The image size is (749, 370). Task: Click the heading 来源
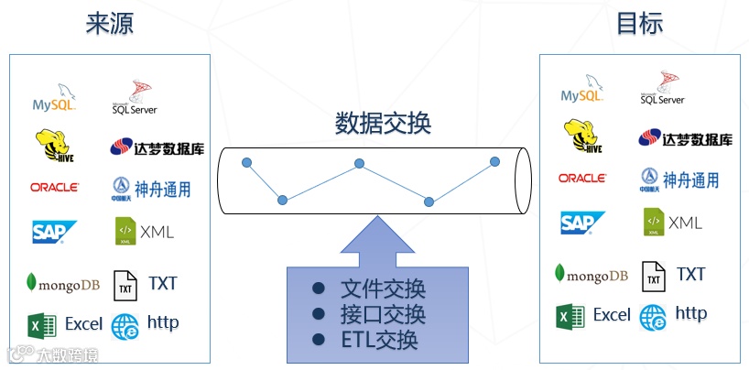tap(110, 23)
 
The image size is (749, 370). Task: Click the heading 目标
tap(639, 23)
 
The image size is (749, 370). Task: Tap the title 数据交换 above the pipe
tap(382, 123)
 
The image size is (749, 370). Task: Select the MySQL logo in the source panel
tap(54, 98)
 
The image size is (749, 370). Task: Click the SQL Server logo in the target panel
tap(662, 92)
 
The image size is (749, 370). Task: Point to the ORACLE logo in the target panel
tap(581, 178)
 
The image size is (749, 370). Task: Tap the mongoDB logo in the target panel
tap(591, 274)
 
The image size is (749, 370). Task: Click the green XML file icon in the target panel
tap(653, 223)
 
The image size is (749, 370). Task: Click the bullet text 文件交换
tap(383, 289)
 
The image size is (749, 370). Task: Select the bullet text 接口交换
tap(383, 315)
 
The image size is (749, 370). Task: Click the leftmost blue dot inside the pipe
tap(246, 163)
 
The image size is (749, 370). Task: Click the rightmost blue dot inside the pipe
tap(494, 161)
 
